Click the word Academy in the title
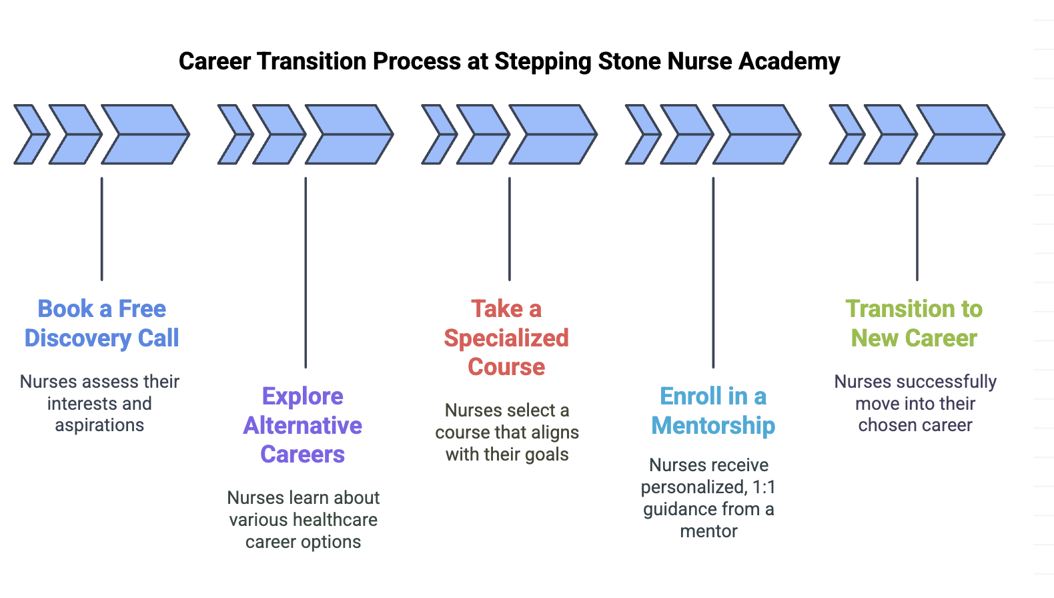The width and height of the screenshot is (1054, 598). pos(789,61)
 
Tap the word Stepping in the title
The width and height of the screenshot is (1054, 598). pos(542,61)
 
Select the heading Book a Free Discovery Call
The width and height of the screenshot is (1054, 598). pos(101,324)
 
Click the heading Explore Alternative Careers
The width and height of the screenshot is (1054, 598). pos(303,425)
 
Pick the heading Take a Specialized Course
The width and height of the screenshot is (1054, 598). pos(506,338)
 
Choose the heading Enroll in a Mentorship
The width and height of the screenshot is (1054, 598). pos(713,410)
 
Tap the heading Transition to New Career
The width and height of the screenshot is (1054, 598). pos(915,324)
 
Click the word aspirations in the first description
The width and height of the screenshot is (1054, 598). pos(99,426)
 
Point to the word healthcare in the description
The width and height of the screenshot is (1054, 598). pos(335,520)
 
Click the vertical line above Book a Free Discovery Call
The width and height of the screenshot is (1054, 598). pos(101,229)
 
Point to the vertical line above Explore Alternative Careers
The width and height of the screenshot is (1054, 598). pos(306,272)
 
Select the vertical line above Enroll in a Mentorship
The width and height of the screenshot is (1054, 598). pos(713,272)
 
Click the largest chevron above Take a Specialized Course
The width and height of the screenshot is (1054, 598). pos(554,135)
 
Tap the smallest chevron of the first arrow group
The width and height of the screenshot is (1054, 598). pos(31,135)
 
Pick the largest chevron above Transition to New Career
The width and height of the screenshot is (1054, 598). pos(961,135)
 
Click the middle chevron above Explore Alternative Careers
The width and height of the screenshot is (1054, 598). pos(280,135)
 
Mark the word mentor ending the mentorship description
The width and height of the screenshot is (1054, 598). pos(708,532)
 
